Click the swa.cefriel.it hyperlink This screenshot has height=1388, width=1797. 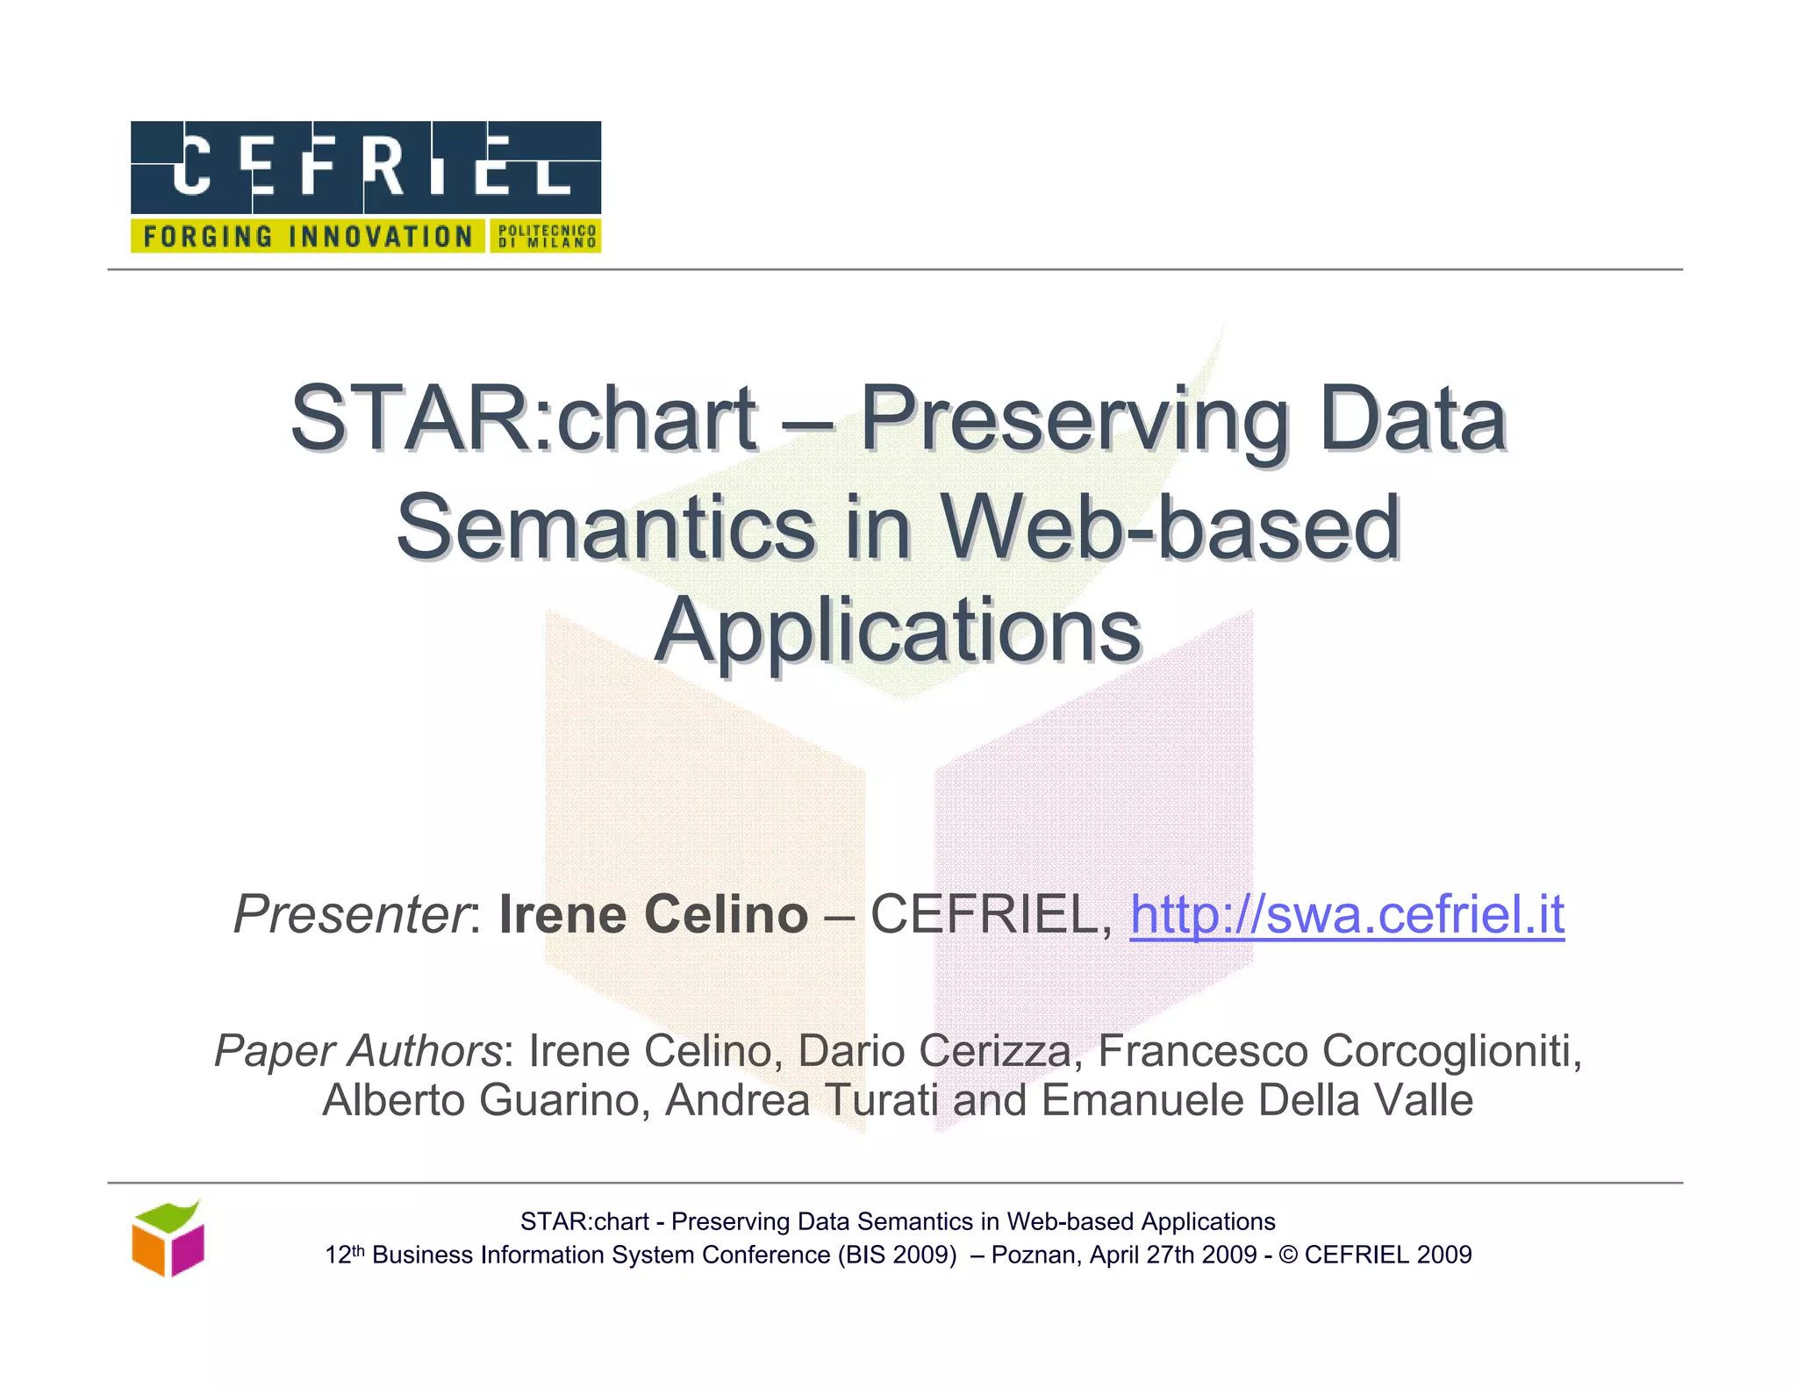pos(1346,915)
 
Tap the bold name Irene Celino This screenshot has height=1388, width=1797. pos(653,915)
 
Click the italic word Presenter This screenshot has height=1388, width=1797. pos(352,915)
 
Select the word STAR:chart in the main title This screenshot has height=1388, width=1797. pos(524,419)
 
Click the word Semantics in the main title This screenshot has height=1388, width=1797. pos(606,527)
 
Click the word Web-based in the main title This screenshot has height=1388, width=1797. pos(1171,527)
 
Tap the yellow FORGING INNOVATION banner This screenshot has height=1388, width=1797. pos(307,237)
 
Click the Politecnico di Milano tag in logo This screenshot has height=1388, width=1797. pos(546,237)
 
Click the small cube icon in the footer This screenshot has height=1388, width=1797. pos(168,1239)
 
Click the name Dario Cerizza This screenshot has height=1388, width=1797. pos(934,1051)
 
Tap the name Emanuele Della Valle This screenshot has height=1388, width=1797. pos(1256,1101)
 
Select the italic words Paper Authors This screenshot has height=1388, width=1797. pos(358,1051)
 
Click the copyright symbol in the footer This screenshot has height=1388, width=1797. pos(1288,1256)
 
